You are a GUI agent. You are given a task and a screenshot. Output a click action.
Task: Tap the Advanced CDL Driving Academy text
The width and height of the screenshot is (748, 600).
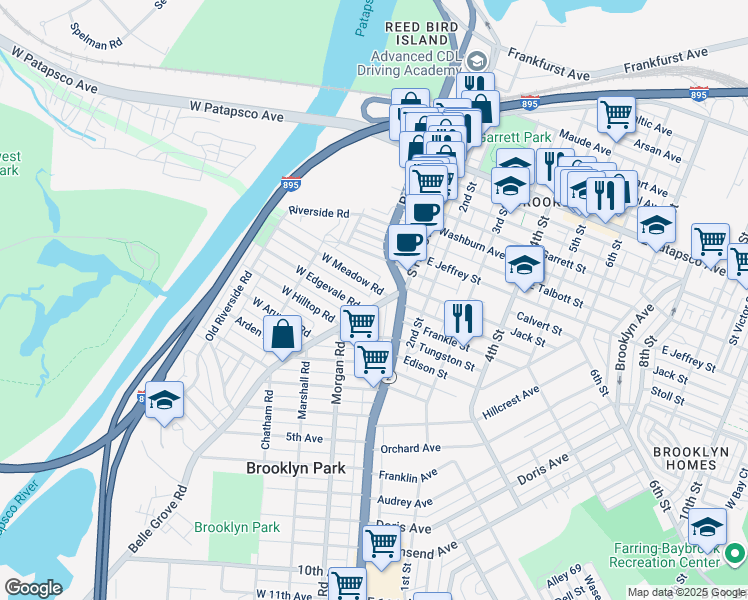[x=413, y=64]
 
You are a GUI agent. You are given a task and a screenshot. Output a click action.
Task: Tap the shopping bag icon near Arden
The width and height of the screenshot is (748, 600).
[x=283, y=335]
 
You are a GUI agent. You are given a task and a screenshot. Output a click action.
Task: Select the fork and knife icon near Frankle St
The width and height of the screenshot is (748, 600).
[x=463, y=318]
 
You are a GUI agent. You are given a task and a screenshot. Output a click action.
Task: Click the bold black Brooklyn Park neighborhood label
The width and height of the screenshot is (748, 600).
[x=295, y=468]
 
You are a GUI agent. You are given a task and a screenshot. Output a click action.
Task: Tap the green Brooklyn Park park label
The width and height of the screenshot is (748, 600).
[x=237, y=527]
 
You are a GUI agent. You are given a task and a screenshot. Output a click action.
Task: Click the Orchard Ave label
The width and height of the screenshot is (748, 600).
[x=410, y=449]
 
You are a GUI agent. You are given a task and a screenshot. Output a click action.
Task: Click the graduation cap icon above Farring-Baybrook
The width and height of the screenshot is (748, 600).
[x=707, y=526]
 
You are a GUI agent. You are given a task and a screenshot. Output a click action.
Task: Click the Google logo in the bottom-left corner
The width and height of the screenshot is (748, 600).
[x=33, y=588]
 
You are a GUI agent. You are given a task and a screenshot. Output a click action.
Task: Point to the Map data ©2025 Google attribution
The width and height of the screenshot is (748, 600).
[x=686, y=592]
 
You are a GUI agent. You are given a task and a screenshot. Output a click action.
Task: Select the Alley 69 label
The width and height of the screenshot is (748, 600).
[x=563, y=575]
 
